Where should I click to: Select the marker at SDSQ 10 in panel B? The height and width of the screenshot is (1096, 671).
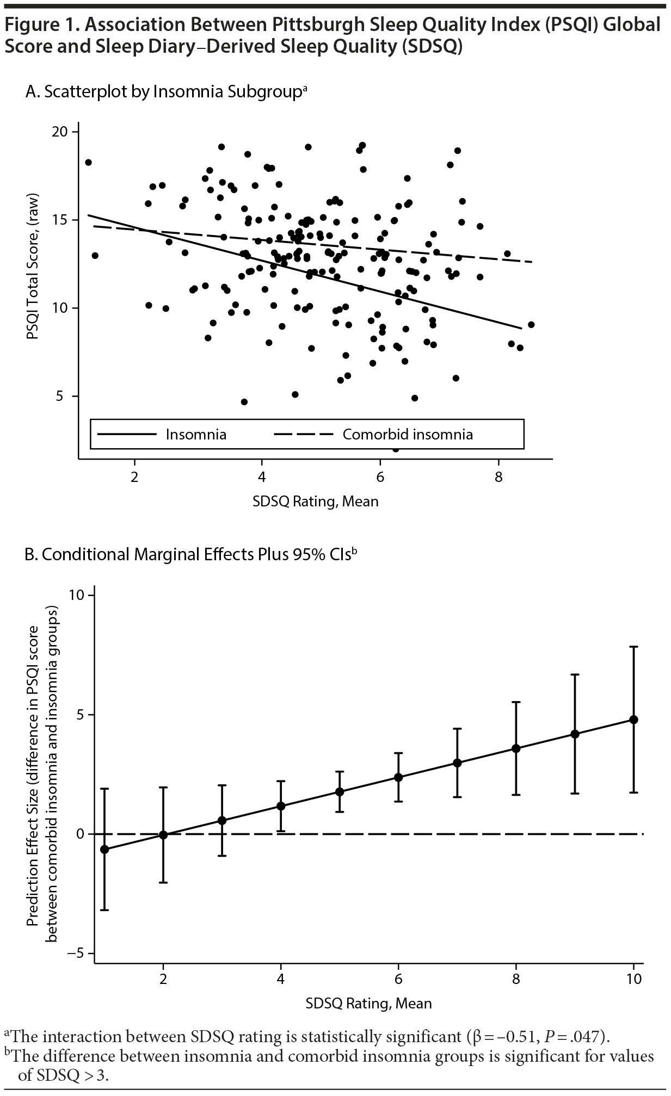point(633,719)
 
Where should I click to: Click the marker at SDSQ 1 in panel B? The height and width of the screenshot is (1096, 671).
point(104,849)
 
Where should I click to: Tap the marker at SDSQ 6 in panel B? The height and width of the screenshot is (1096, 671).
point(398,777)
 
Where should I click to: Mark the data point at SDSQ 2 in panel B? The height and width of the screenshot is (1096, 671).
point(163,834)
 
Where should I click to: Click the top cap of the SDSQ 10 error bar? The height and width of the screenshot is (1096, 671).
point(633,647)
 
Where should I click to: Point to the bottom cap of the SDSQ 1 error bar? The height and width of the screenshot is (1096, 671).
point(104,910)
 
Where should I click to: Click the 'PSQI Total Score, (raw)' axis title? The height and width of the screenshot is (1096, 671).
point(33,265)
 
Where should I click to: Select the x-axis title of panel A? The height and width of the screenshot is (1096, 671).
point(315,501)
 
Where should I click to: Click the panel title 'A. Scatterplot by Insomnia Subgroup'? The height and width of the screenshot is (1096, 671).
point(166,91)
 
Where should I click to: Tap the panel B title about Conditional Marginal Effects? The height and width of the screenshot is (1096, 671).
point(190,554)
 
